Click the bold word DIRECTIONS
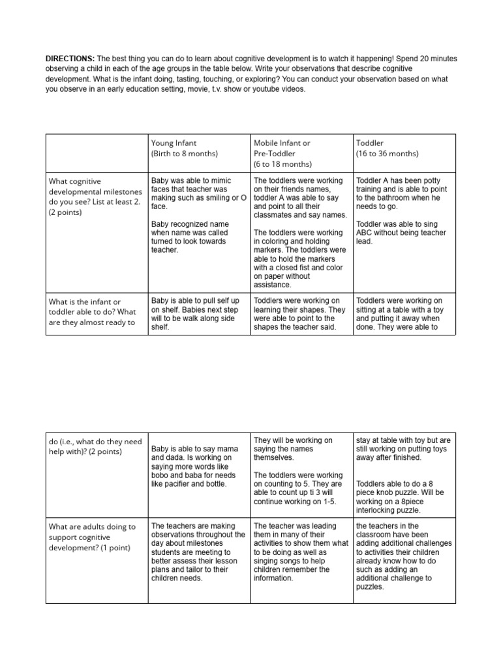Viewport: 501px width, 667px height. [70, 59]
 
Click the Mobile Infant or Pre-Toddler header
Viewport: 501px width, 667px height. [282, 148]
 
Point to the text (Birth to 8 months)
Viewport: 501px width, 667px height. [185, 154]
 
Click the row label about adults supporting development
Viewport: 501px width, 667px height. [92, 537]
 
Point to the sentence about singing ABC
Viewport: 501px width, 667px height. [401, 233]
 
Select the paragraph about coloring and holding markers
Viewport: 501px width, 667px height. [300, 259]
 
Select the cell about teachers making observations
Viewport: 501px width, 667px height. [198, 552]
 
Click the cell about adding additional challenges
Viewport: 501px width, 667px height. [402, 556]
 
